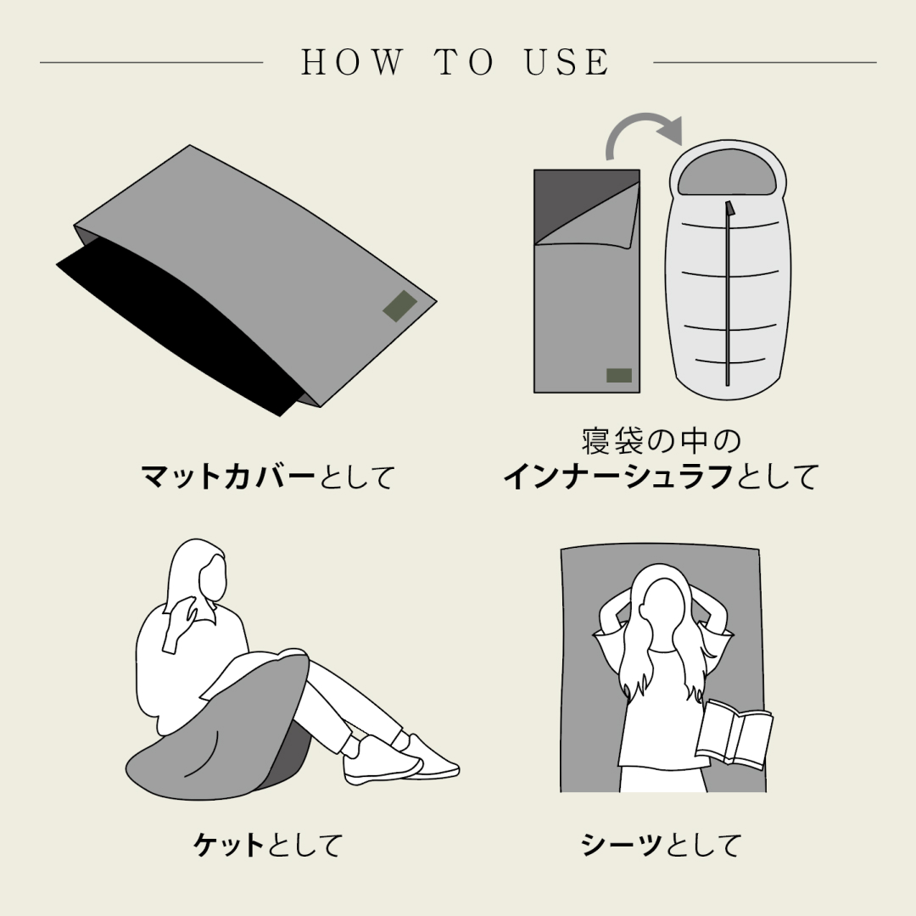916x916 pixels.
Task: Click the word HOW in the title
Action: pyautogui.click(x=352, y=62)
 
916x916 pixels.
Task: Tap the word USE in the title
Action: pyautogui.click(x=567, y=62)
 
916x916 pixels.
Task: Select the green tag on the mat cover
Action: pyautogui.click(x=400, y=305)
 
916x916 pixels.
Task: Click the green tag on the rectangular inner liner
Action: pyautogui.click(x=619, y=375)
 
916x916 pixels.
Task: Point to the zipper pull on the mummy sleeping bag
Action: pyautogui.click(x=729, y=209)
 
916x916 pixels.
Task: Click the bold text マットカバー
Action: pyautogui.click(x=228, y=477)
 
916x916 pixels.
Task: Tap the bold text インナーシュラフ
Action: pyautogui.click(x=619, y=477)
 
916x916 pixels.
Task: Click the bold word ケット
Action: pyautogui.click(x=228, y=845)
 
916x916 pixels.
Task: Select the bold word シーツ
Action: pyautogui.click(x=623, y=845)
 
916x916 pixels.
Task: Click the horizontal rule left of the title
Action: pyautogui.click(x=151, y=62)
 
